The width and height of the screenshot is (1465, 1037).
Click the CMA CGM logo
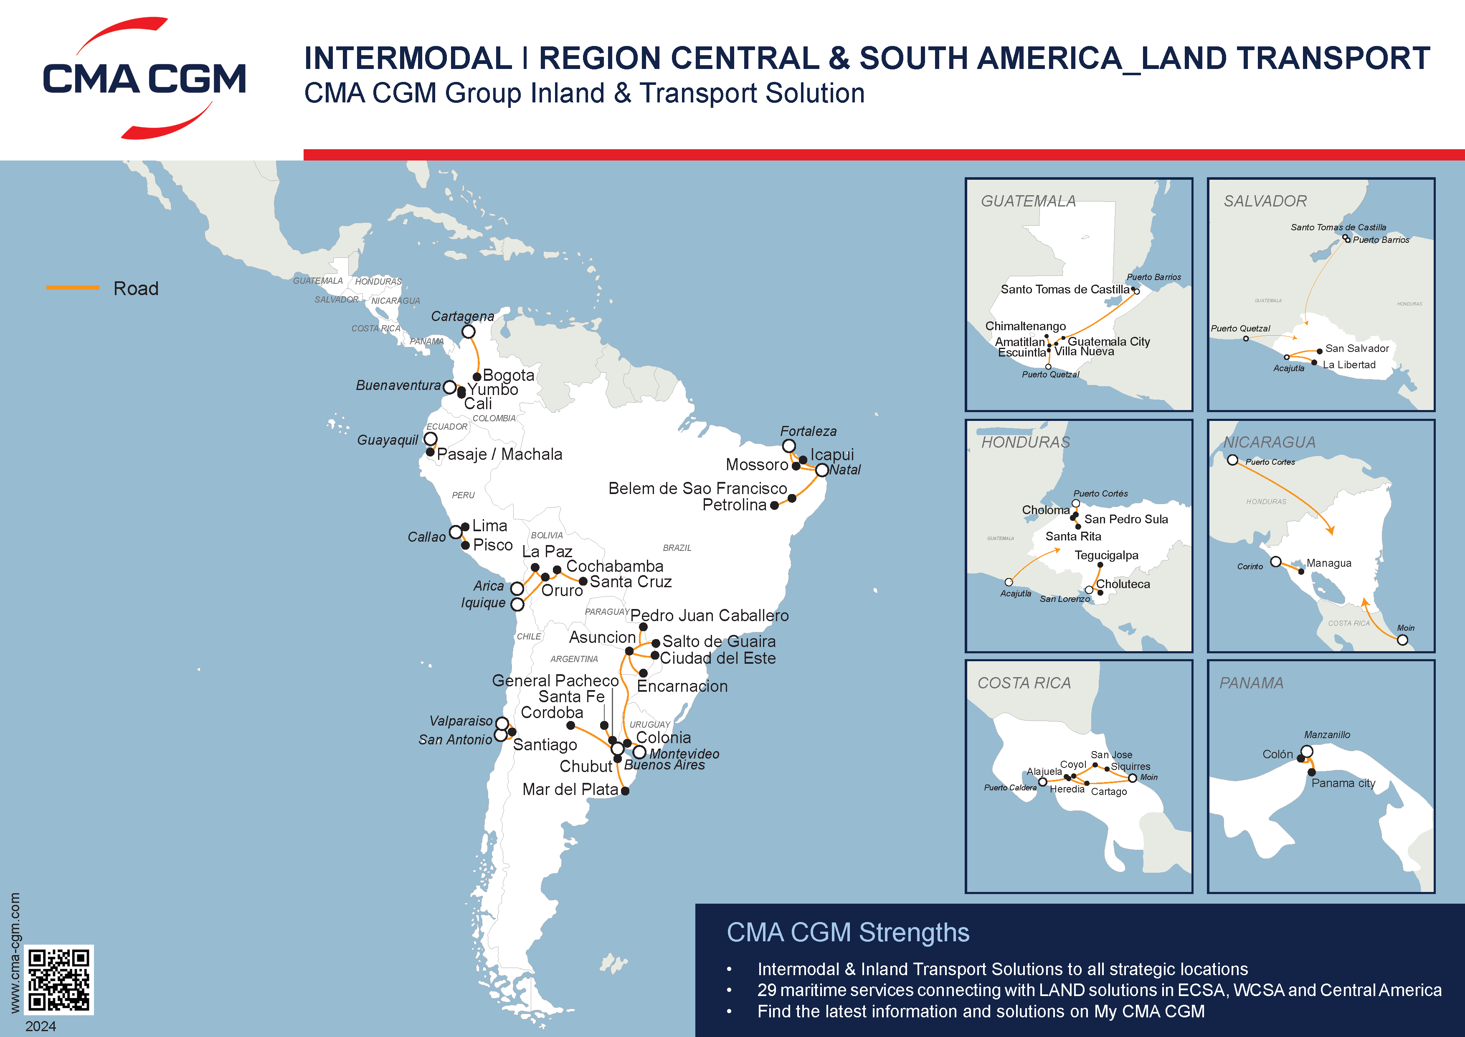pyautogui.click(x=144, y=78)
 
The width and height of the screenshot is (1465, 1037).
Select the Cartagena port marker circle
pyautogui.click(x=468, y=331)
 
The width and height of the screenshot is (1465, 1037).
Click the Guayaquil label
pyautogui.click(x=387, y=440)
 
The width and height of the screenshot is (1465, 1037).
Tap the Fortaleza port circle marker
pyautogui.click(x=788, y=446)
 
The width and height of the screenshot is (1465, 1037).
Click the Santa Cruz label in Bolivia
pyautogui.click(x=631, y=582)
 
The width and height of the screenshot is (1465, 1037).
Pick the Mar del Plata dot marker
pyautogui.click(x=625, y=790)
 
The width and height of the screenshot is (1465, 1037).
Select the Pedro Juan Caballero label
pyautogui.click(x=710, y=616)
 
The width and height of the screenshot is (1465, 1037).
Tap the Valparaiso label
pyautogui.click(x=461, y=721)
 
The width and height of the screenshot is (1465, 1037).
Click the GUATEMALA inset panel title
pyautogui.click(x=1028, y=201)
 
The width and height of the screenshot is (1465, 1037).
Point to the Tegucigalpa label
pyautogui.click(x=1106, y=555)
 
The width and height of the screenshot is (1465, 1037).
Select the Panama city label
pyautogui.click(x=1343, y=783)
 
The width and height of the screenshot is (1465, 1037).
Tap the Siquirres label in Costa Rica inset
pyautogui.click(x=1130, y=766)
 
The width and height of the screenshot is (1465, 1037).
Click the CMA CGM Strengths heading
pyautogui.click(x=847, y=932)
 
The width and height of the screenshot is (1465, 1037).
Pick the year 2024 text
pyautogui.click(x=41, y=1026)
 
